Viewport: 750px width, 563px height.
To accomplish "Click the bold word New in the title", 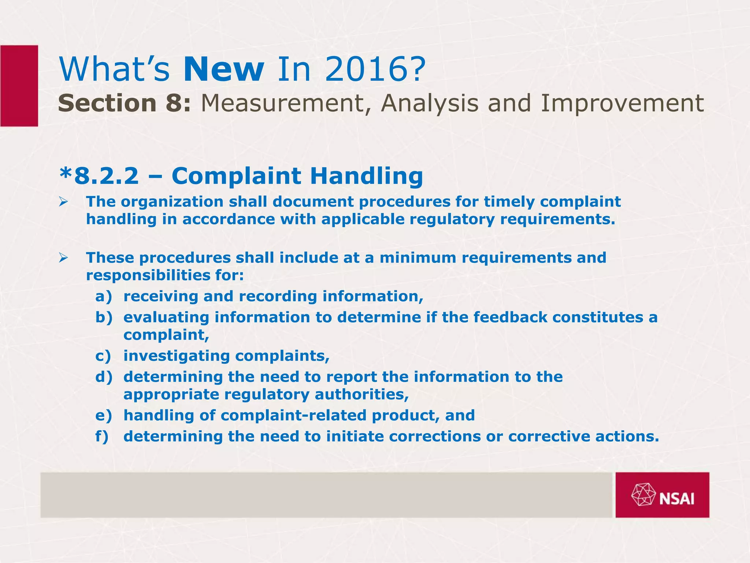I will [224, 70].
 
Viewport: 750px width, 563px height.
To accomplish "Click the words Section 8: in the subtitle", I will [124, 103].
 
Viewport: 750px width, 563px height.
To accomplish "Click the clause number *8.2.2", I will [99, 176].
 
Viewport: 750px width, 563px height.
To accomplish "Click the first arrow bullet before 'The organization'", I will [64, 202].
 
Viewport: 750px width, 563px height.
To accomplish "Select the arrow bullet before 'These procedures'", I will [64, 258].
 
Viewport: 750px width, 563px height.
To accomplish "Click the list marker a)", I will [103, 296].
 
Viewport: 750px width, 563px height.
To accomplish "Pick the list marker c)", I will [103, 356].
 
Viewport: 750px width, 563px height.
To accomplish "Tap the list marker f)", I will [102, 437].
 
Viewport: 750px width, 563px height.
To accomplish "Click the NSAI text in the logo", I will [677, 499].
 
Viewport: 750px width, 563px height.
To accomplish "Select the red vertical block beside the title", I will [19, 86].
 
